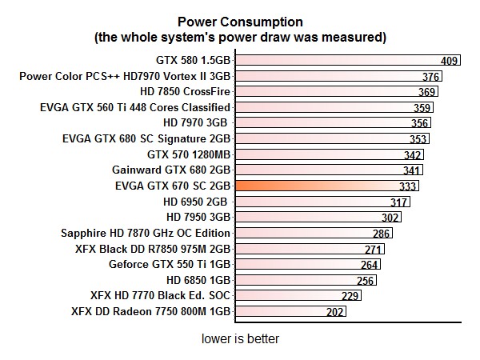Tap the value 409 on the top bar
(x=450, y=61)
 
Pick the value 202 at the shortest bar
(x=335, y=312)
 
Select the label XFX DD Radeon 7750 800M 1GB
(x=150, y=311)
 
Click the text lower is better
(x=240, y=339)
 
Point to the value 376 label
(x=431, y=77)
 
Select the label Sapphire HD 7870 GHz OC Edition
(x=146, y=233)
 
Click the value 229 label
(x=350, y=296)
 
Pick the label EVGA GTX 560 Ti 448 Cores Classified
(x=134, y=107)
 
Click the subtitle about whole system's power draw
(x=240, y=36)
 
